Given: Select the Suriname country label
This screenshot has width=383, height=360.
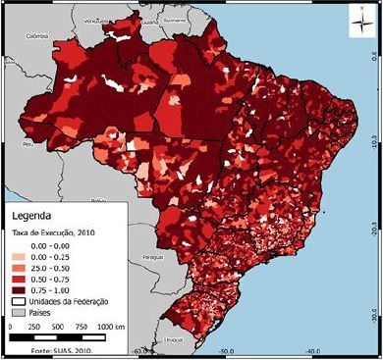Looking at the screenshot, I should [x=174, y=18].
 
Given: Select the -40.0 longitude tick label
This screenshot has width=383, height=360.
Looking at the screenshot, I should [x=312, y=350].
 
